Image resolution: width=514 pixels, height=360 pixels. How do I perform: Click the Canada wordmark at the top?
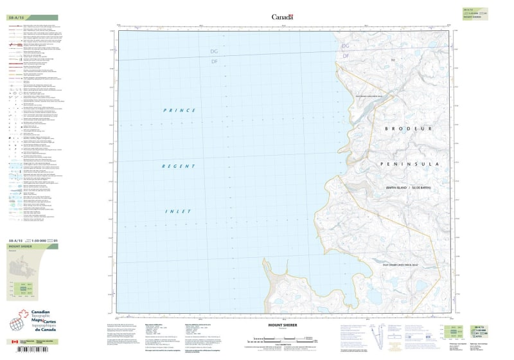click(283, 17)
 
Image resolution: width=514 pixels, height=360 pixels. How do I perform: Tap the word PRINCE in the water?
click(178, 111)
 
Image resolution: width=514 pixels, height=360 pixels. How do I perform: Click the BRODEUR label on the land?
click(410, 129)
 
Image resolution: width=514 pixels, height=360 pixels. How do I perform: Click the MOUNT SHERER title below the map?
click(283, 326)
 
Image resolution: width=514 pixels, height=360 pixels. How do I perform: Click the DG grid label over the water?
click(215, 51)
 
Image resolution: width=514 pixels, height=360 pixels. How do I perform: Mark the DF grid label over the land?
click(345, 57)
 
